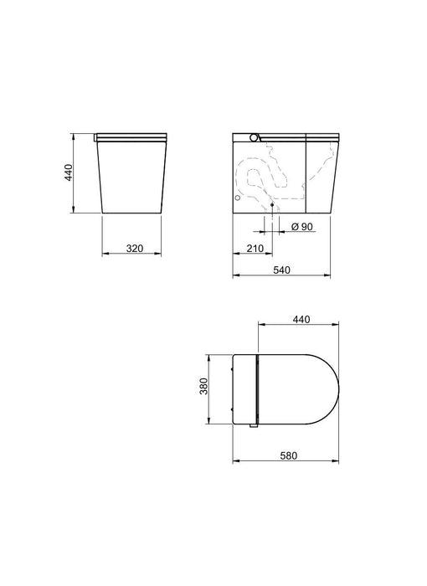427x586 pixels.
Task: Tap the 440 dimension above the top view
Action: pyautogui.click(x=301, y=319)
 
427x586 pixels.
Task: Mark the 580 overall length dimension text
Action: pyautogui.click(x=287, y=455)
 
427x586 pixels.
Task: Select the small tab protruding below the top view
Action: pyautogui.click(x=252, y=427)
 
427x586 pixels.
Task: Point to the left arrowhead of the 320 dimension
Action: pyautogui.click(x=104, y=254)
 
